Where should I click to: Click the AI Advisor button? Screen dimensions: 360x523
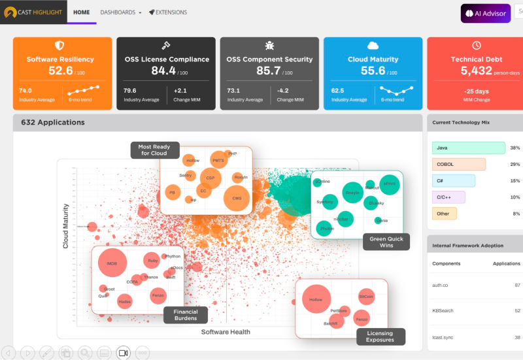click(x=486, y=13)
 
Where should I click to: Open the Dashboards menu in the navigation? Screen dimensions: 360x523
click(x=120, y=12)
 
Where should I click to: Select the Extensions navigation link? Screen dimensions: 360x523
click(x=168, y=12)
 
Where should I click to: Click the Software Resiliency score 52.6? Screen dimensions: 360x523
click(x=60, y=71)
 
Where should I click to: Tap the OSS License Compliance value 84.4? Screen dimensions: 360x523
click(x=163, y=71)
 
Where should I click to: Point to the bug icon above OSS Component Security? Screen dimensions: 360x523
click(x=269, y=46)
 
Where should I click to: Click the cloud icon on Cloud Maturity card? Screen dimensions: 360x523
click(x=373, y=46)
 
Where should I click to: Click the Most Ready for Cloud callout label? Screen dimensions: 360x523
click(x=154, y=150)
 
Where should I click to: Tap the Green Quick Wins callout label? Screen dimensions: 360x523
click(x=386, y=242)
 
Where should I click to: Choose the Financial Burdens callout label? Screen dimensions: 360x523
click(x=186, y=315)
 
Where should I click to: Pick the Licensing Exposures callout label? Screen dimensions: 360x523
click(x=380, y=336)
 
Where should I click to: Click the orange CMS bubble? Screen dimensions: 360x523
click(x=237, y=198)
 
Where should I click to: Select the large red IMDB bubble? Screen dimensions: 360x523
click(x=112, y=263)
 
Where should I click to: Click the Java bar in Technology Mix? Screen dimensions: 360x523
click(x=468, y=148)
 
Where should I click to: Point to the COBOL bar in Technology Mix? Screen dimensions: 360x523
click(x=459, y=165)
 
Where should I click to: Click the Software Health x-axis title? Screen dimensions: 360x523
click(x=226, y=333)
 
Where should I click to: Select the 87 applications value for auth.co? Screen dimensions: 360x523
click(x=517, y=286)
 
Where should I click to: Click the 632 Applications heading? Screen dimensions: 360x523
click(x=53, y=122)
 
